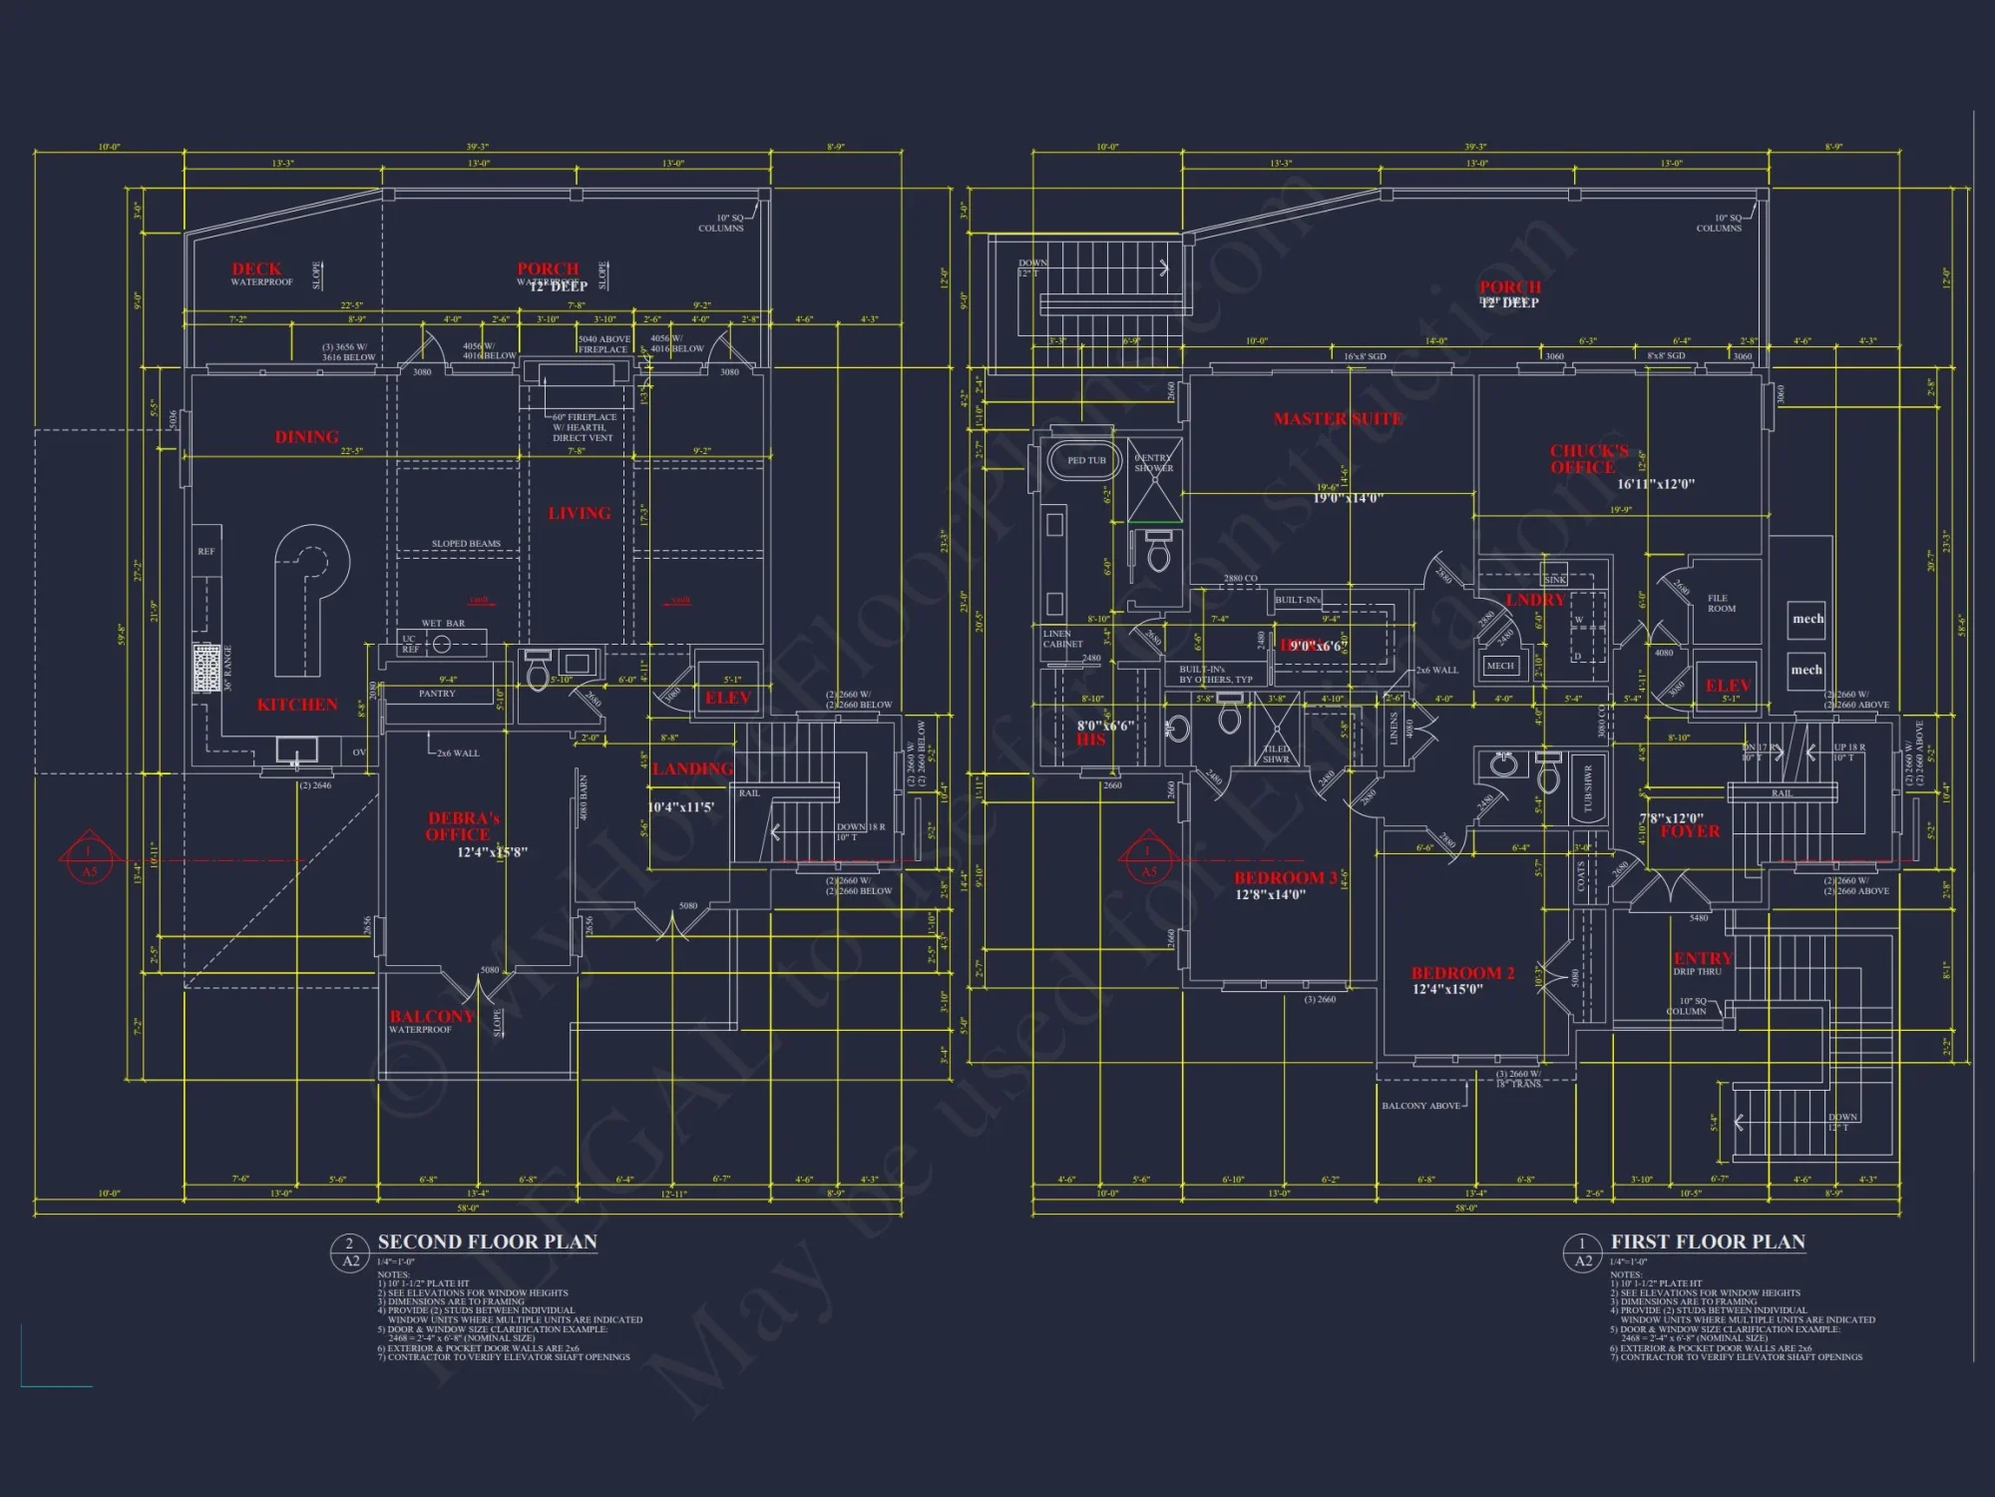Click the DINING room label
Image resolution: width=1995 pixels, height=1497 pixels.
click(x=306, y=437)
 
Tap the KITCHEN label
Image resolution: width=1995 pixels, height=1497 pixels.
click(x=297, y=705)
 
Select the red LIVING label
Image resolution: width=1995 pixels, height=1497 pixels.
click(x=580, y=513)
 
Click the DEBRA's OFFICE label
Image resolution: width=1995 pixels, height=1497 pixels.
click(x=463, y=826)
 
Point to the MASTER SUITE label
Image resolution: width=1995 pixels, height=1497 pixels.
click(x=1338, y=419)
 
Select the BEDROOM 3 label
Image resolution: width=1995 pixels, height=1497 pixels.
click(x=1285, y=878)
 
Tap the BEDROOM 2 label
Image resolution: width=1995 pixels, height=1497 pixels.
click(x=1462, y=973)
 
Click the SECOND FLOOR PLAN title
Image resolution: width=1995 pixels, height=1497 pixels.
click(x=487, y=1243)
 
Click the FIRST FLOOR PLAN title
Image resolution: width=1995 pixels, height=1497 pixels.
click(x=1708, y=1243)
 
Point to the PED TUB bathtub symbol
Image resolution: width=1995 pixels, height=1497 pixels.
click(x=1085, y=461)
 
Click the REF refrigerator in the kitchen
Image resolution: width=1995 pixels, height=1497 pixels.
click(x=206, y=552)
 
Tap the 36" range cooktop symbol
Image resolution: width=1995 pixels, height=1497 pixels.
click(x=206, y=668)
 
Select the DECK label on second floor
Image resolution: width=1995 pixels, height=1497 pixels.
click(x=256, y=269)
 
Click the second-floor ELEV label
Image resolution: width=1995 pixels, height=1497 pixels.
click(x=727, y=698)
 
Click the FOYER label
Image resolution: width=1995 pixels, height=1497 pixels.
click(x=1690, y=831)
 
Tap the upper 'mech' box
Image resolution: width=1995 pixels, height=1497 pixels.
click(x=1807, y=619)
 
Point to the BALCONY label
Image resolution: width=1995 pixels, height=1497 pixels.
click(x=431, y=1016)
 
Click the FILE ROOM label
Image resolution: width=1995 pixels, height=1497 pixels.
click(x=1722, y=604)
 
